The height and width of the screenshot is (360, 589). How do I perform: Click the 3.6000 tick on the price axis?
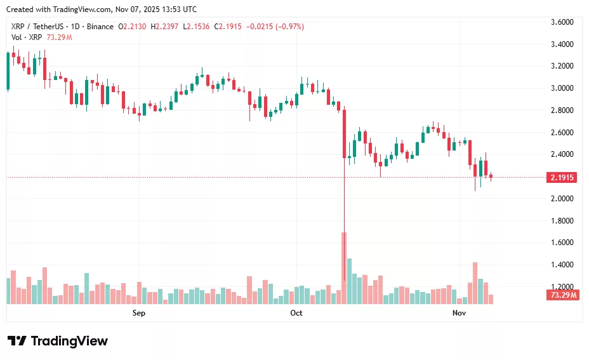562,22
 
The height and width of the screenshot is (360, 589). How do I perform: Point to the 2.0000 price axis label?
562,199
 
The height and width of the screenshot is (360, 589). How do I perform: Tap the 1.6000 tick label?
562,243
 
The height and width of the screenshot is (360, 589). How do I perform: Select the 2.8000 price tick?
562,110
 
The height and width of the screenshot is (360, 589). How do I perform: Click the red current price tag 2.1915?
562,178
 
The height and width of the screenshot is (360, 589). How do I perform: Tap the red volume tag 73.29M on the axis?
562,295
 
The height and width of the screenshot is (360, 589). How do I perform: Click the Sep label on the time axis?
139,313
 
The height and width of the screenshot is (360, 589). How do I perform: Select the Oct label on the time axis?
296,313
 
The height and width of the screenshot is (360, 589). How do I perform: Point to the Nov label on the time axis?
459,313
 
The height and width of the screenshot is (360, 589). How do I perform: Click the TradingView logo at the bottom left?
58,341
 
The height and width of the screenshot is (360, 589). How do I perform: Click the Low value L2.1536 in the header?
197,27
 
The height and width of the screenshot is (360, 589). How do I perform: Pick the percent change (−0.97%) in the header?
288,27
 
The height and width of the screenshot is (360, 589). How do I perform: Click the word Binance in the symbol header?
100,27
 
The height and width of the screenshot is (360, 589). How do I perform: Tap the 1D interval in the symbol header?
74,27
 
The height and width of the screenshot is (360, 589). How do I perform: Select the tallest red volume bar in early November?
475,283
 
